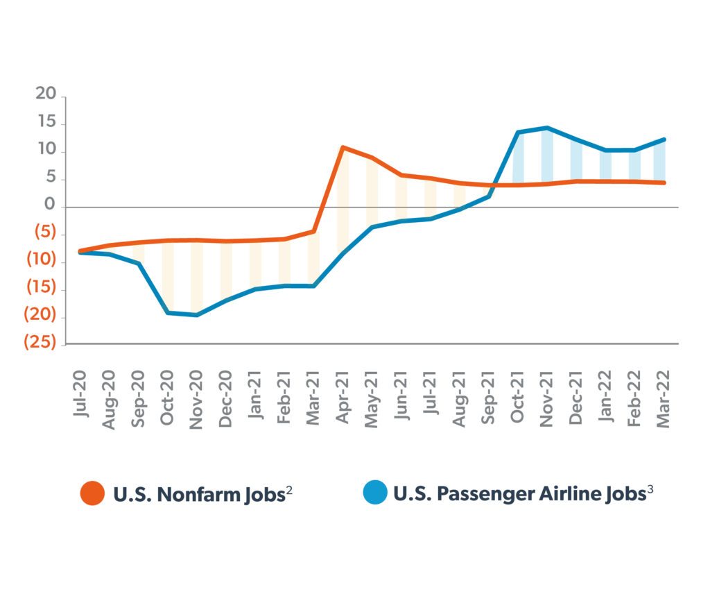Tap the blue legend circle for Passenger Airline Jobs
375,493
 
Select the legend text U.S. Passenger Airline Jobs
523,493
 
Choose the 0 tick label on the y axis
51,206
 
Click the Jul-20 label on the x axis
80,398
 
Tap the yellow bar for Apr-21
343,201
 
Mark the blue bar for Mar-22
660,161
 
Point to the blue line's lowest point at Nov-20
197,315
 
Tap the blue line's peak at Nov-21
547,128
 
